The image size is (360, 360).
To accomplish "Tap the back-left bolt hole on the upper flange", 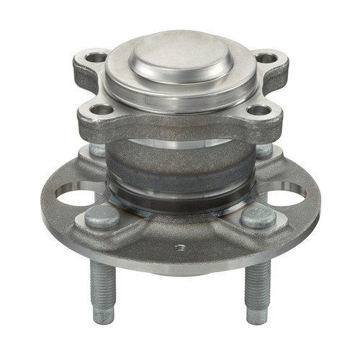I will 96,57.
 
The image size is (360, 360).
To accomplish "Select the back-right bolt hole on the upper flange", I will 266,58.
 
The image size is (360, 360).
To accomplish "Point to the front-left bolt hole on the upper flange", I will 102,110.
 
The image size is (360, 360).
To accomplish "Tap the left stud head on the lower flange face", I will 101,217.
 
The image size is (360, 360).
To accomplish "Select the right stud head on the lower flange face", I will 257,216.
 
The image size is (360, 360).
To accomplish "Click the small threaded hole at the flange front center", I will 180,248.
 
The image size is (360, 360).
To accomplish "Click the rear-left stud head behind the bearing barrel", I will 97,150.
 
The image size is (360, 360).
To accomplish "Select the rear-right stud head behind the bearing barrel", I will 264,150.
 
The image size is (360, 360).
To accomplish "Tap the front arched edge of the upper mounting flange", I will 180,130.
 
